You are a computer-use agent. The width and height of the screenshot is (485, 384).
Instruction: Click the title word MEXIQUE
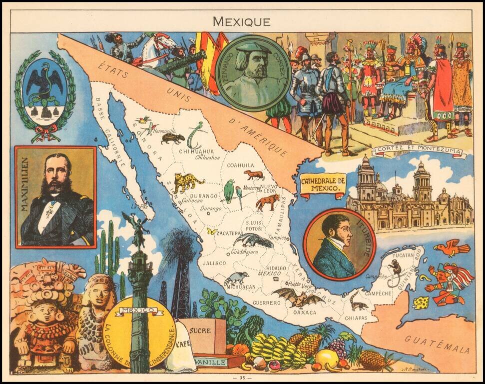coord(242,21)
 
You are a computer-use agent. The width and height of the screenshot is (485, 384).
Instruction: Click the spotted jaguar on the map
coord(188,182)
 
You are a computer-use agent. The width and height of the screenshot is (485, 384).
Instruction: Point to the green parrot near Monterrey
coord(229,191)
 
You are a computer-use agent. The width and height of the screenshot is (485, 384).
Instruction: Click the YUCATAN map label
coord(403,255)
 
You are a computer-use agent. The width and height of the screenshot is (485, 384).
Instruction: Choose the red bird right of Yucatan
coord(452,247)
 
